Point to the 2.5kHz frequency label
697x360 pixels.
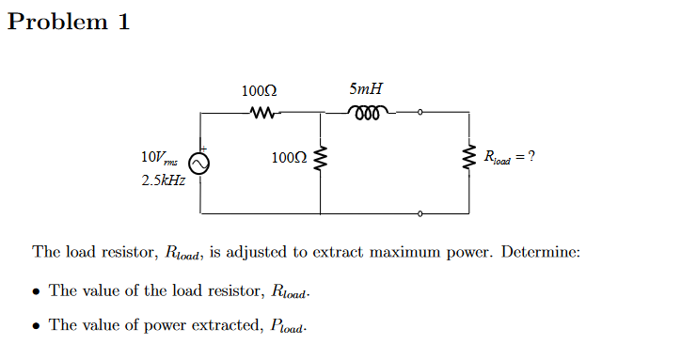pos(163,180)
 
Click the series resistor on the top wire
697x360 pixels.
pos(261,114)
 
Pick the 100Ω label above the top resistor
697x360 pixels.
pos(259,92)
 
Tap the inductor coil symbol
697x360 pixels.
pos(365,114)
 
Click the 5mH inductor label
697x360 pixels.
pos(365,90)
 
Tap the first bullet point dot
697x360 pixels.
pos(35,291)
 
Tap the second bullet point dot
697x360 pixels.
pos(35,326)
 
